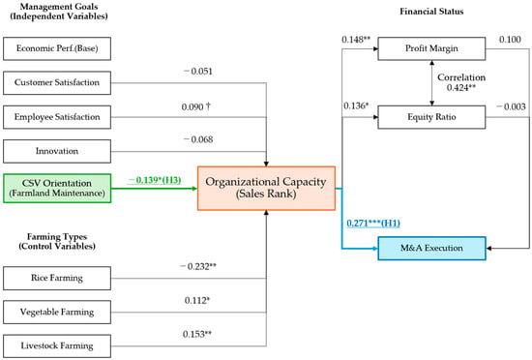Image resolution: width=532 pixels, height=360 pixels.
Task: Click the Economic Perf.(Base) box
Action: (x=57, y=48)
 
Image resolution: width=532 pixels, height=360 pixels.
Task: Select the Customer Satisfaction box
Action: (x=57, y=83)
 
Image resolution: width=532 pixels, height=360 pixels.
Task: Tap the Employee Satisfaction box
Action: (x=57, y=117)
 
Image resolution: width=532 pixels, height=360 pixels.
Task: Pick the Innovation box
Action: (x=57, y=151)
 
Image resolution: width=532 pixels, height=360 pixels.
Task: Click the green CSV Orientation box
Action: (x=57, y=189)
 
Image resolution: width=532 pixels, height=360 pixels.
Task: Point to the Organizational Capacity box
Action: (x=266, y=189)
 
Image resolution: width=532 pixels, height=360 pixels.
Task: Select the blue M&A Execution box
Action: (x=432, y=249)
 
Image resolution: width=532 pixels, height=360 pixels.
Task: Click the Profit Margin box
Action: (x=431, y=48)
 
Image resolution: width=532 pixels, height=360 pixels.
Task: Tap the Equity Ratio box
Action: (x=431, y=117)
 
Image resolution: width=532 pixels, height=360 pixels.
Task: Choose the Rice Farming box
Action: (x=57, y=279)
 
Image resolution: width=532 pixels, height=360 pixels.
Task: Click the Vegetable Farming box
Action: (x=57, y=313)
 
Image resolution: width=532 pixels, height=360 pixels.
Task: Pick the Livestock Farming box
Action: (x=57, y=346)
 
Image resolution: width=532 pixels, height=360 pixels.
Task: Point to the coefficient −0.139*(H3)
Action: (x=155, y=180)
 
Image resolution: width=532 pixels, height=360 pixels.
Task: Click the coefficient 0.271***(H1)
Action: (x=373, y=224)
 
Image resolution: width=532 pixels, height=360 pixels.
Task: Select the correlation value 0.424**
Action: (x=461, y=88)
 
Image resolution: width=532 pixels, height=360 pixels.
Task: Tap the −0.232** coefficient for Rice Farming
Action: (x=198, y=266)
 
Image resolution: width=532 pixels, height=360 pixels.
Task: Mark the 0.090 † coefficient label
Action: (x=196, y=106)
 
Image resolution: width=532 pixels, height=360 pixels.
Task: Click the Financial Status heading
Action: (x=431, y=12)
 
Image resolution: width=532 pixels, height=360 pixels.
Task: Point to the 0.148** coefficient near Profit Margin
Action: (x=356, y=40)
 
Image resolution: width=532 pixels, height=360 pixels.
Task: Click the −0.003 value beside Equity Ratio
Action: (x=511, y=106)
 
